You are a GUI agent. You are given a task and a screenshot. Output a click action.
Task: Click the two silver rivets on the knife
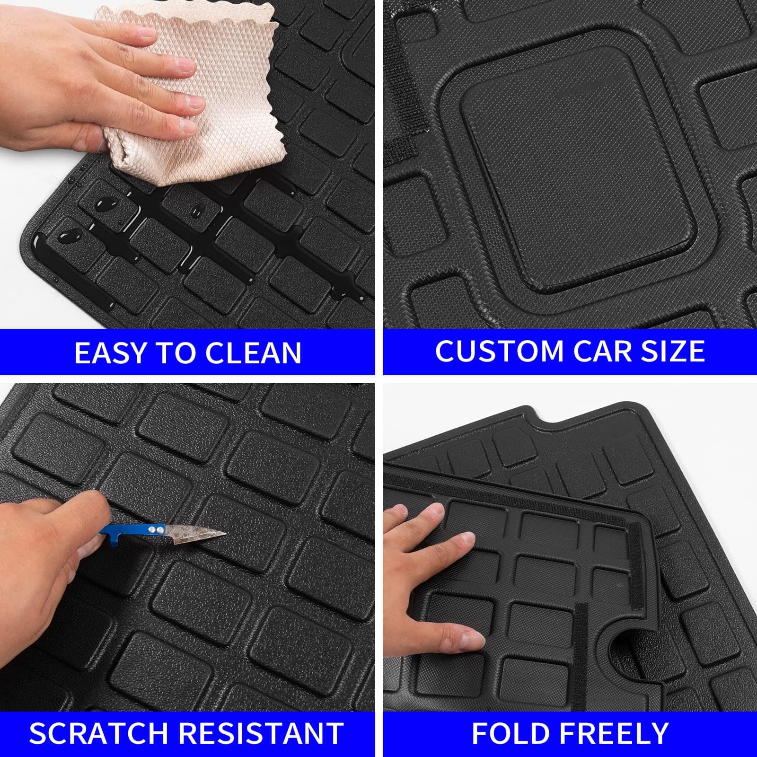[x=152, y=529]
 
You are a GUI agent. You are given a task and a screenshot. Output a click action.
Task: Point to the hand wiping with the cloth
[x=95, y=80]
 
